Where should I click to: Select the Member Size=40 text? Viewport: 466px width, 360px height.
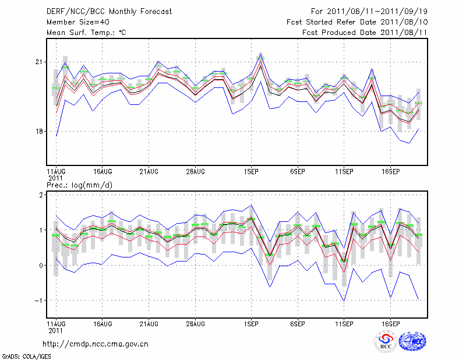pos(73,22)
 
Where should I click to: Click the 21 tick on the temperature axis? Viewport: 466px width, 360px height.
pos(39,62)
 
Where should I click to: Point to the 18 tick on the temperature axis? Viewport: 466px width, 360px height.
pos(39,131)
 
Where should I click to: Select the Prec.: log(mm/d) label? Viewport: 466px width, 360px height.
pos(79,185)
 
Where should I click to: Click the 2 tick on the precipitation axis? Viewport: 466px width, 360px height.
pos(41,195)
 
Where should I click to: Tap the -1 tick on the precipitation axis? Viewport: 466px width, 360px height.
pos(38,301)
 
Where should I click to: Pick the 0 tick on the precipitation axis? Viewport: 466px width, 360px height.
pos(41,266)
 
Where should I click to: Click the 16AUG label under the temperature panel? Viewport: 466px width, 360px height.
pos(103,172)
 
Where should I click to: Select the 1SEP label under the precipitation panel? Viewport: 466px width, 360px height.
pos(251,323)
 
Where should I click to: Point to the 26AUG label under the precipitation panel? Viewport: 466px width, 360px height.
pos(195,323)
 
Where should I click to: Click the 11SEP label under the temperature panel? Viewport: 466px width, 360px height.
pos(344,172)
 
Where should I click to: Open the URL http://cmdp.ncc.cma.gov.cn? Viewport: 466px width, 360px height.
pos(96,344)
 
